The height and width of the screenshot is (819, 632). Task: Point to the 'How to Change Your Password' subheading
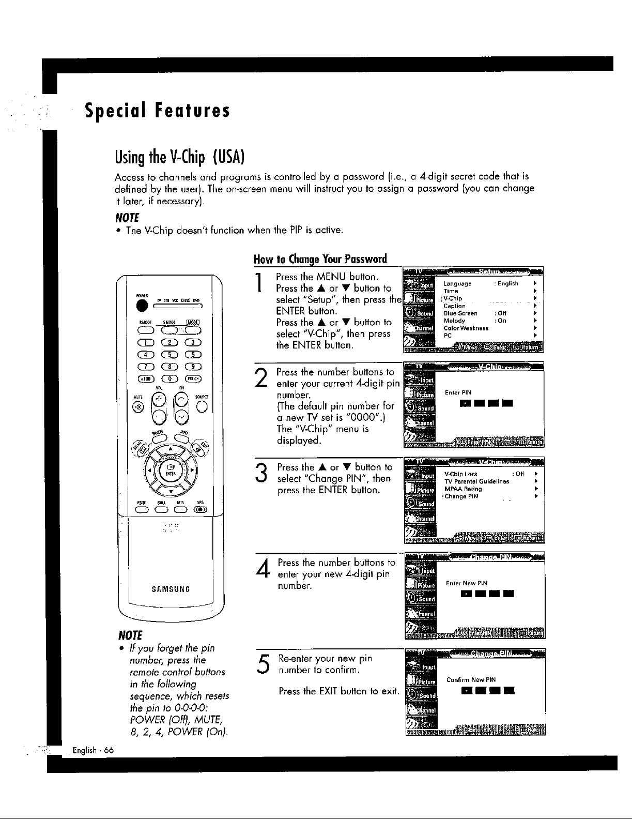click(320, 259)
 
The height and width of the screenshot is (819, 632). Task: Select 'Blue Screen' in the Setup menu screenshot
click(460, 313)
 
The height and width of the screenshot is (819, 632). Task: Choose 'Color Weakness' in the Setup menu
click(466, 328)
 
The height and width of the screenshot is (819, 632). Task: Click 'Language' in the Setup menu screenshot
click(457, 284)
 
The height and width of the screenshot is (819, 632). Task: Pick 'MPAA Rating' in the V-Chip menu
click(463, 489)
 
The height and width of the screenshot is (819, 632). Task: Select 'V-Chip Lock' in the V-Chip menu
click(460, 474)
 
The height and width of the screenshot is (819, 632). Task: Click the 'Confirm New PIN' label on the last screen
click(471, 680)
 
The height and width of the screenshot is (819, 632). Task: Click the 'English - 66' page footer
click(94, 750)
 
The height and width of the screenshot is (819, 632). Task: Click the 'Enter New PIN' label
click(467, 583)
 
